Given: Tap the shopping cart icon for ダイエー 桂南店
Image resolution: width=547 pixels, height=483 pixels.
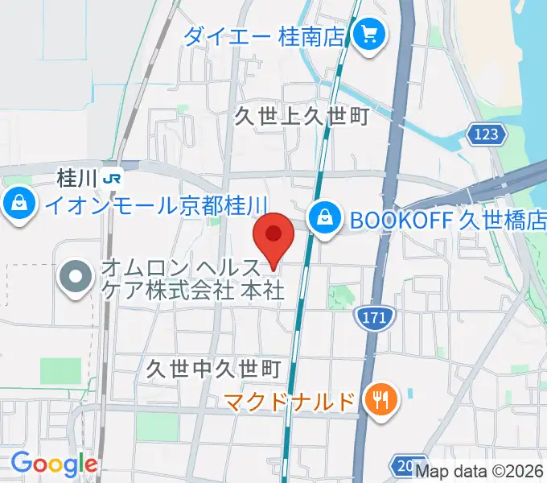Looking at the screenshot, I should pyautogui.click(x=371, y=35).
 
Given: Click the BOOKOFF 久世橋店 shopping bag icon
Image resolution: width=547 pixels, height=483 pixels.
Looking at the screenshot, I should pyautogui.click(x=323, y=217).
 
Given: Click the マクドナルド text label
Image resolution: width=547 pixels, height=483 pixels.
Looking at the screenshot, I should pyautogui.click(x=289, y=400).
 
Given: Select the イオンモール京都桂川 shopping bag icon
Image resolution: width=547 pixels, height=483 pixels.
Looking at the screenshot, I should pyautogui.click(x=18, y=204).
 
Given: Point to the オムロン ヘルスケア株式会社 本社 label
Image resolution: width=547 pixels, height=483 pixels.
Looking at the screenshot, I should pyautogui.click(x=192, y=279).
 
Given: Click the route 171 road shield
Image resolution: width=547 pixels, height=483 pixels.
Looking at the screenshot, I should pyautogui.click(x=376, y=319).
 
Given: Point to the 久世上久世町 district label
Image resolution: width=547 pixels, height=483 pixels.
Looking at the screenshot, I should pyautogui.click(x=301, y=117).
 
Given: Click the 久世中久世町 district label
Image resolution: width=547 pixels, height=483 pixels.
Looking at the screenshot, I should pyautogui.click(x=213, y=369).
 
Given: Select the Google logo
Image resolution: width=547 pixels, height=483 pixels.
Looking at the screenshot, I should pyautogui.click(x=54, y=464).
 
